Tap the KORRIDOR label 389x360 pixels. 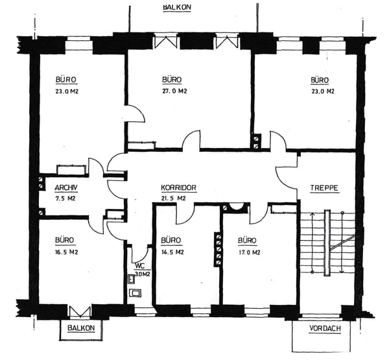(179, 187)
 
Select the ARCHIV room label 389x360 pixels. (66, 188)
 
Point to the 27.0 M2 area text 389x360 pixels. (174, 91)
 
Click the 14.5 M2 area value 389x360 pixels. (172, 252)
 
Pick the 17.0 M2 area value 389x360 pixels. (249, 252)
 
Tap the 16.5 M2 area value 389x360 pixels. (67, 252)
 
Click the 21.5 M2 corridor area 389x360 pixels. (173, 198)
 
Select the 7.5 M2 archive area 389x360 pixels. (65, 198)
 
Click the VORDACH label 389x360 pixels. (325, 328)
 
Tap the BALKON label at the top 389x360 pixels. (177, 7)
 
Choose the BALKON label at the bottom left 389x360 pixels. (81, 328)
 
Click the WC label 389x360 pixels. (139, 266)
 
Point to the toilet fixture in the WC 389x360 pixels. (136, 293)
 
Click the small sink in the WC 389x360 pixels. (132, 279)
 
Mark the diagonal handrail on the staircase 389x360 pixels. (342, 243)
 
